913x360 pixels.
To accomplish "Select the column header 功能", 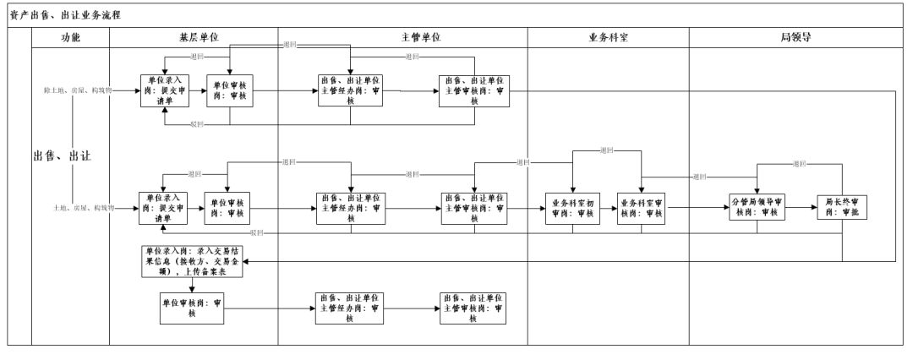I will tap(71, 38).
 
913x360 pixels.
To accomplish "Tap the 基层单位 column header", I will tap(194, 38).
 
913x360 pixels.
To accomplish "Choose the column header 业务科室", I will tap(609, 38).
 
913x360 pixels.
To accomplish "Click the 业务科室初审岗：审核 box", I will tap(573, 208).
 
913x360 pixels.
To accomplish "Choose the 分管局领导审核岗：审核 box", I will tap(759, 208).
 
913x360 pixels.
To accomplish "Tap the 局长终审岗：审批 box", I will tap(842, 208).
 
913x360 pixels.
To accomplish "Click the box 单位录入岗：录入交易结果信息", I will tap(193, 263).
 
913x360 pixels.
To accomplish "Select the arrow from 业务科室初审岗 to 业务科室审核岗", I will tap(608, 208).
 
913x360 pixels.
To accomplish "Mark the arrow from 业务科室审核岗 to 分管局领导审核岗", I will tap(698, 208).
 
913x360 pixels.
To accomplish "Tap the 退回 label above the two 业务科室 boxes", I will tap(606, 150).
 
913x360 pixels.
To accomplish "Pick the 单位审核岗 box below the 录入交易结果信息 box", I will tap(193, 309).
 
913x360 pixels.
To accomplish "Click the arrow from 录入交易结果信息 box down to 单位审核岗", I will tap(193, 286).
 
